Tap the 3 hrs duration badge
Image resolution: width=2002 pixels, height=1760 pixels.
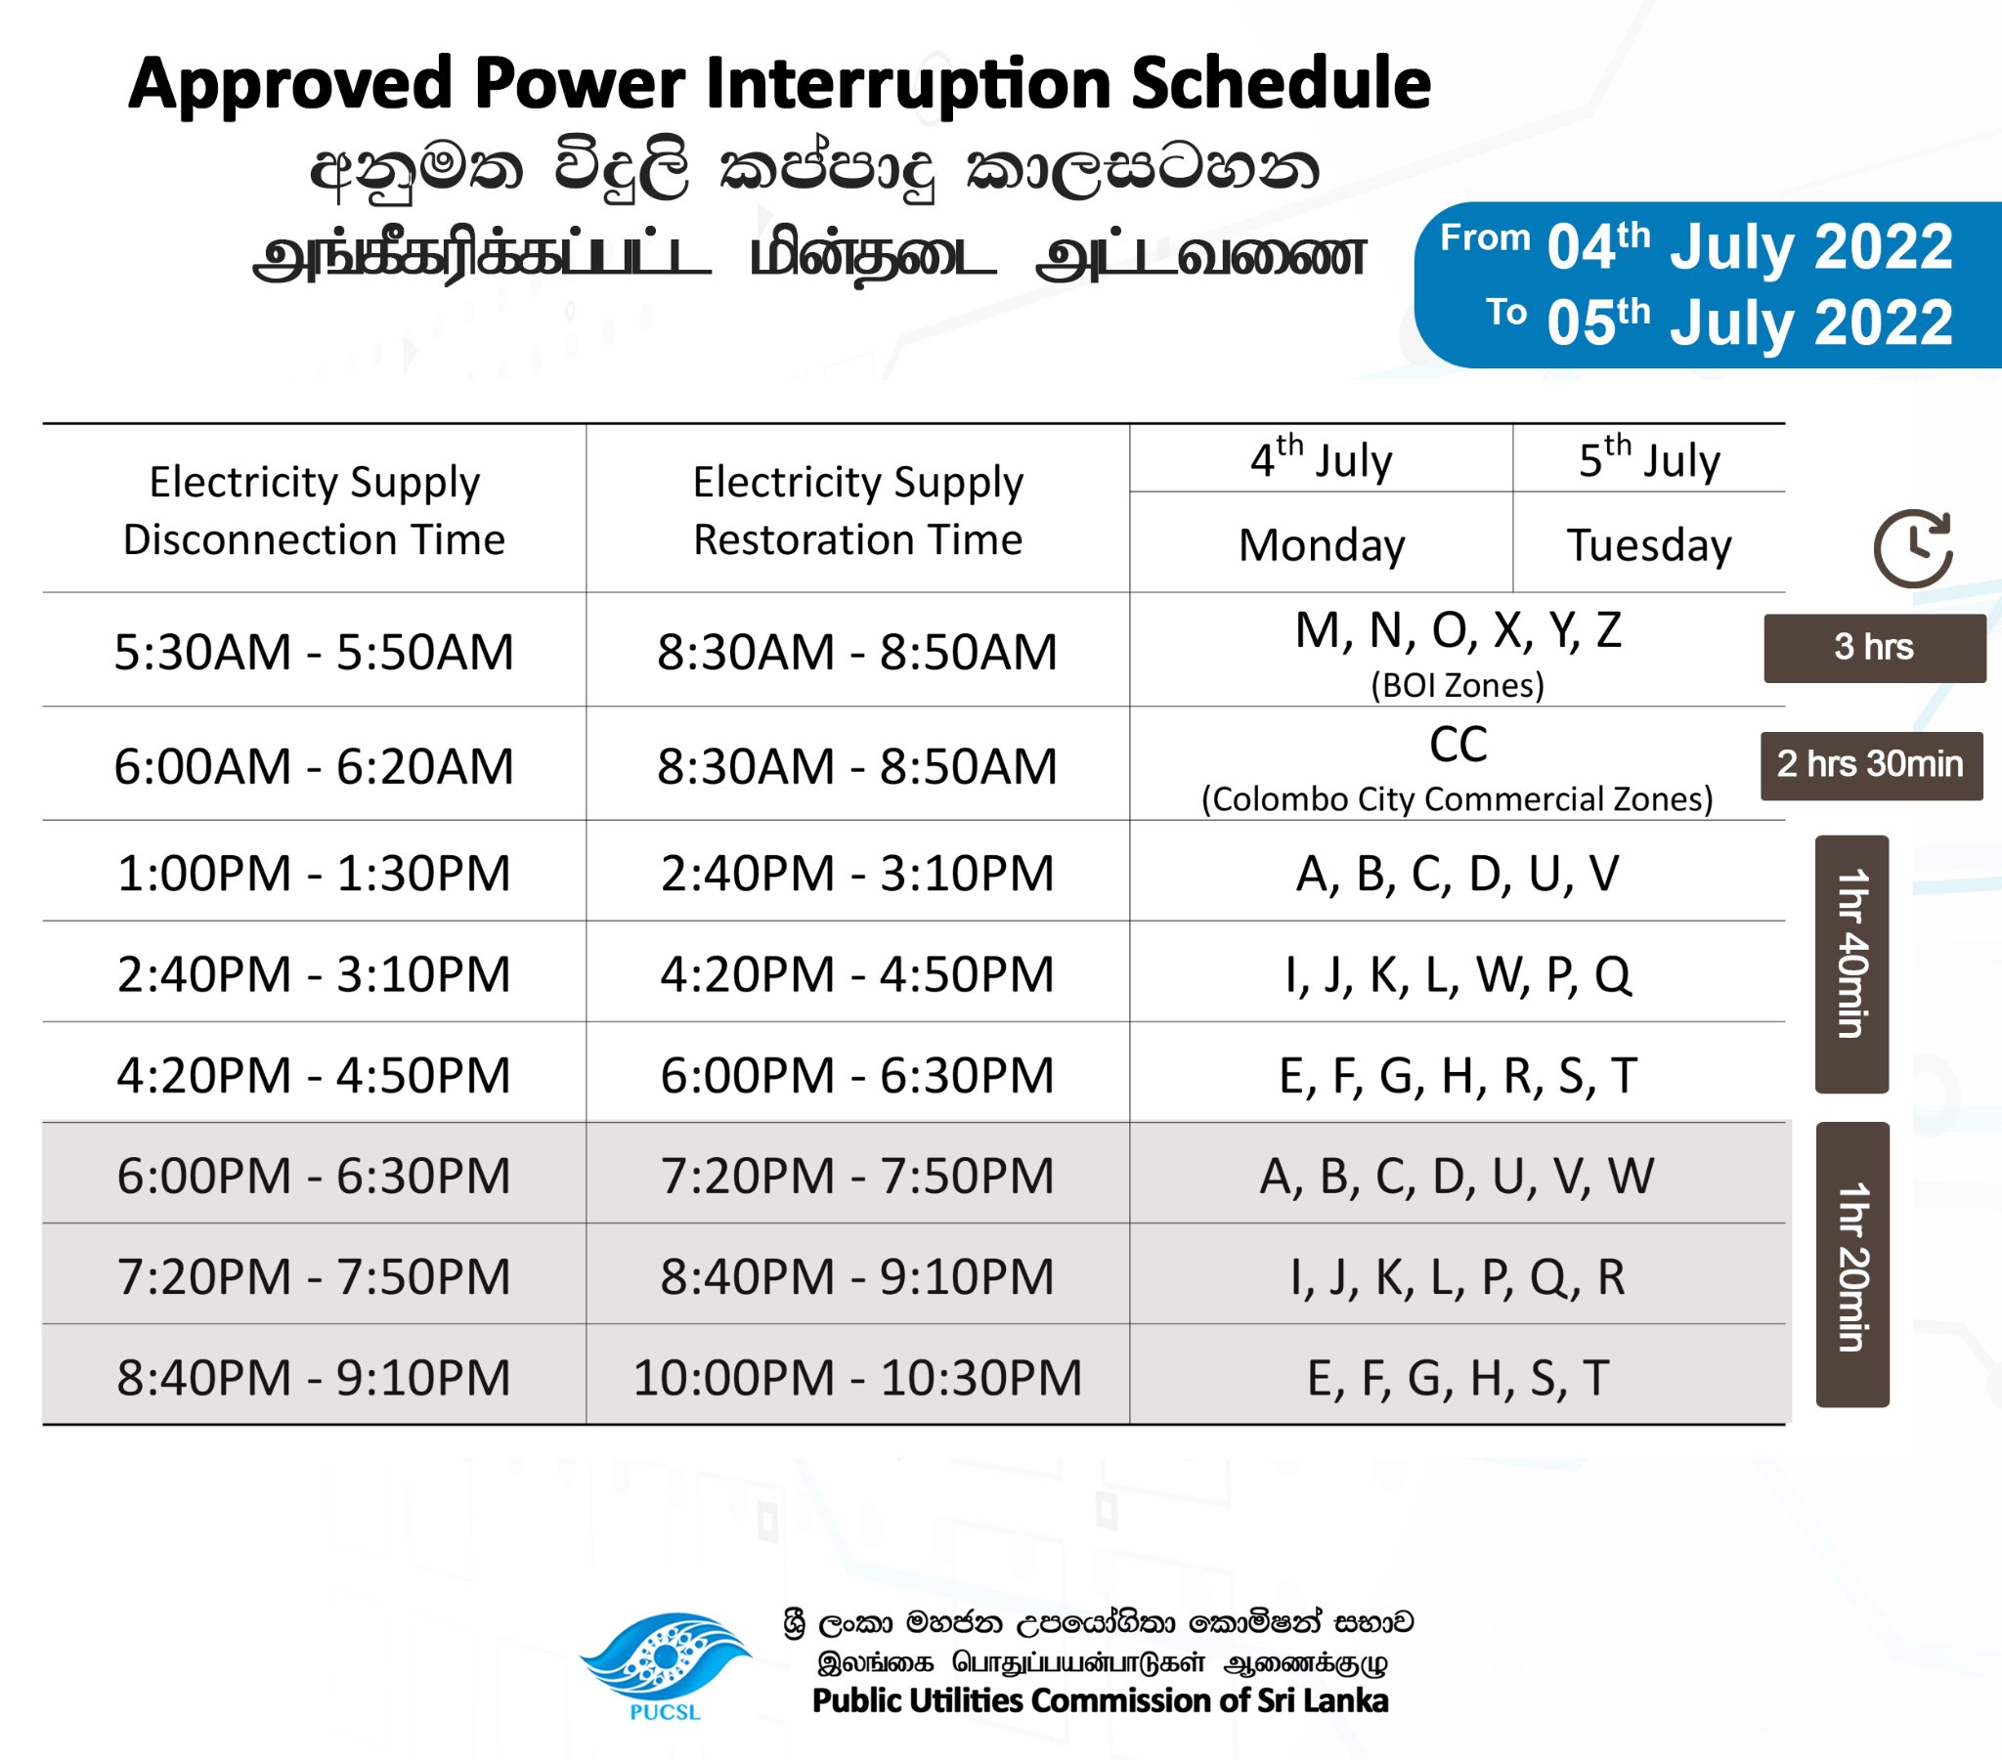click(x=1875, y=647)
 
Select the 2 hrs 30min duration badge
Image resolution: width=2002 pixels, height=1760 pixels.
click(x=1871, y=765)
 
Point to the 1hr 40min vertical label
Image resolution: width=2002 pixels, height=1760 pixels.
click(x=1851, y=964)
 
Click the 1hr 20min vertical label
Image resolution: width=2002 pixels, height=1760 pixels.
click(x=1852, y=1265)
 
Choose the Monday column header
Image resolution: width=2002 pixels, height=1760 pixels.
click(x=1322, y=544)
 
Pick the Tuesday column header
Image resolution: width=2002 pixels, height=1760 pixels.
click(x=1649, y=544)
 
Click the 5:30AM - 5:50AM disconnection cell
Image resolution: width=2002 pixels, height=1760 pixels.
click(x=314, y=651)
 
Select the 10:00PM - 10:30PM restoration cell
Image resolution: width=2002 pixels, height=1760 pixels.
click(x=857, y=1377)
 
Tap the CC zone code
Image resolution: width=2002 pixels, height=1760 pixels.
click(x=1458, y=745)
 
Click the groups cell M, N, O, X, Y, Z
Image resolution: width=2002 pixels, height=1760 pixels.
click(x=1458, y=630)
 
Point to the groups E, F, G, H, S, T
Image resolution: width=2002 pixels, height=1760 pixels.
click(x=1458, y=1378)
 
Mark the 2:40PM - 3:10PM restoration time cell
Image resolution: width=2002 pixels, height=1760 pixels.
click(x=857, y=873)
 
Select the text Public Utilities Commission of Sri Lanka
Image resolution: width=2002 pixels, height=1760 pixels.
click(x=1100, y=1701)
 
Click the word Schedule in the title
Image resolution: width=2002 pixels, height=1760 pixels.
click(x=1281, y=82)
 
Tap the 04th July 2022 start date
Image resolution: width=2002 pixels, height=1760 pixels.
click(x=1749, y=246)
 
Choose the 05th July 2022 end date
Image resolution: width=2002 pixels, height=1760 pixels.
click(x=1749, y=322)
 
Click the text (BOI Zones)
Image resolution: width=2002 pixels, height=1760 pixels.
click(x=1458, y=686)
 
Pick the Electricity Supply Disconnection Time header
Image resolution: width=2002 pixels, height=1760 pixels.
click(x=314, y=510)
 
